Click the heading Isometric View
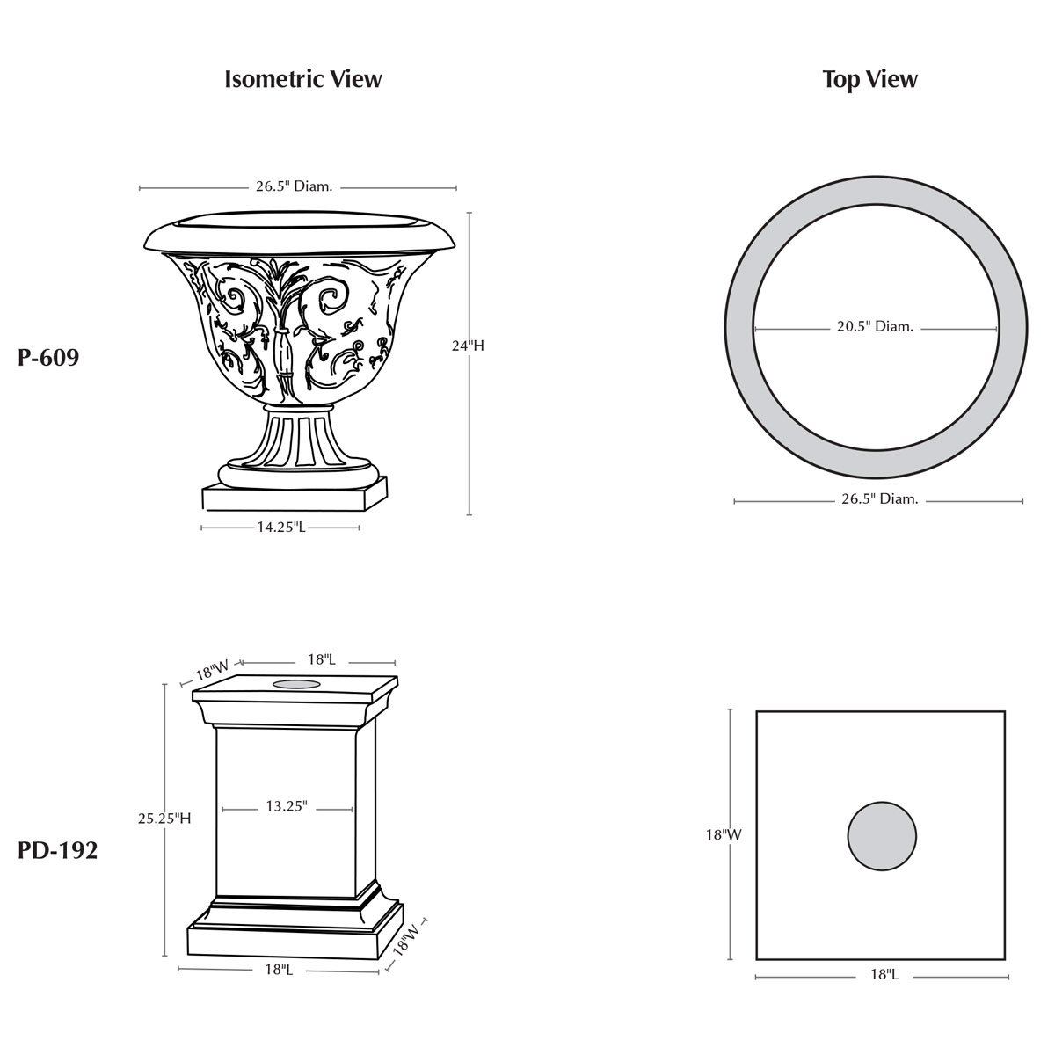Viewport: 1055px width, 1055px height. click(x=302, y=79)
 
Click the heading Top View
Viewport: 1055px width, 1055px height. click(x=869, y=79)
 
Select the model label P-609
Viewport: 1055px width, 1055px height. click(x=48, y=358)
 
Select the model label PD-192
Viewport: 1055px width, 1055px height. click(x=58, y=851)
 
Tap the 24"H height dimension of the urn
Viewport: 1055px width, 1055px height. click(x=468, y=346)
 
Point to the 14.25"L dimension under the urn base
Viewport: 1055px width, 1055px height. click(x=281, y=527)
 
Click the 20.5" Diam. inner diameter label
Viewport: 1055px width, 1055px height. click(x=875, y=327)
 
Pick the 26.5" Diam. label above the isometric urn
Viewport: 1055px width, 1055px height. click(x=294, y=186)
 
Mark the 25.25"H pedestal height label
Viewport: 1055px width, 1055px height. click(x=164, y=819)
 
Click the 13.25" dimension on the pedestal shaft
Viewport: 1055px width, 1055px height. click(x=287, y=806)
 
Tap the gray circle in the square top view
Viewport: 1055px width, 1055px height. click(x=882, y=836)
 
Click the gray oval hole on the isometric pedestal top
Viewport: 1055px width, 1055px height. click(x=296, y=683)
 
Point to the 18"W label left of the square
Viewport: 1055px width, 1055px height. click(x=724, y=835)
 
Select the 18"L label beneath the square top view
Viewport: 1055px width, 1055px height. click(x=884, y=974)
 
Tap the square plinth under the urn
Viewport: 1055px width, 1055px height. click(x=294, y=498)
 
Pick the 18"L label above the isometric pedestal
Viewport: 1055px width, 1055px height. click(x=321, y=659)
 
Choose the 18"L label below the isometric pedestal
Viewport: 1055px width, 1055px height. click(x=278, y=969)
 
